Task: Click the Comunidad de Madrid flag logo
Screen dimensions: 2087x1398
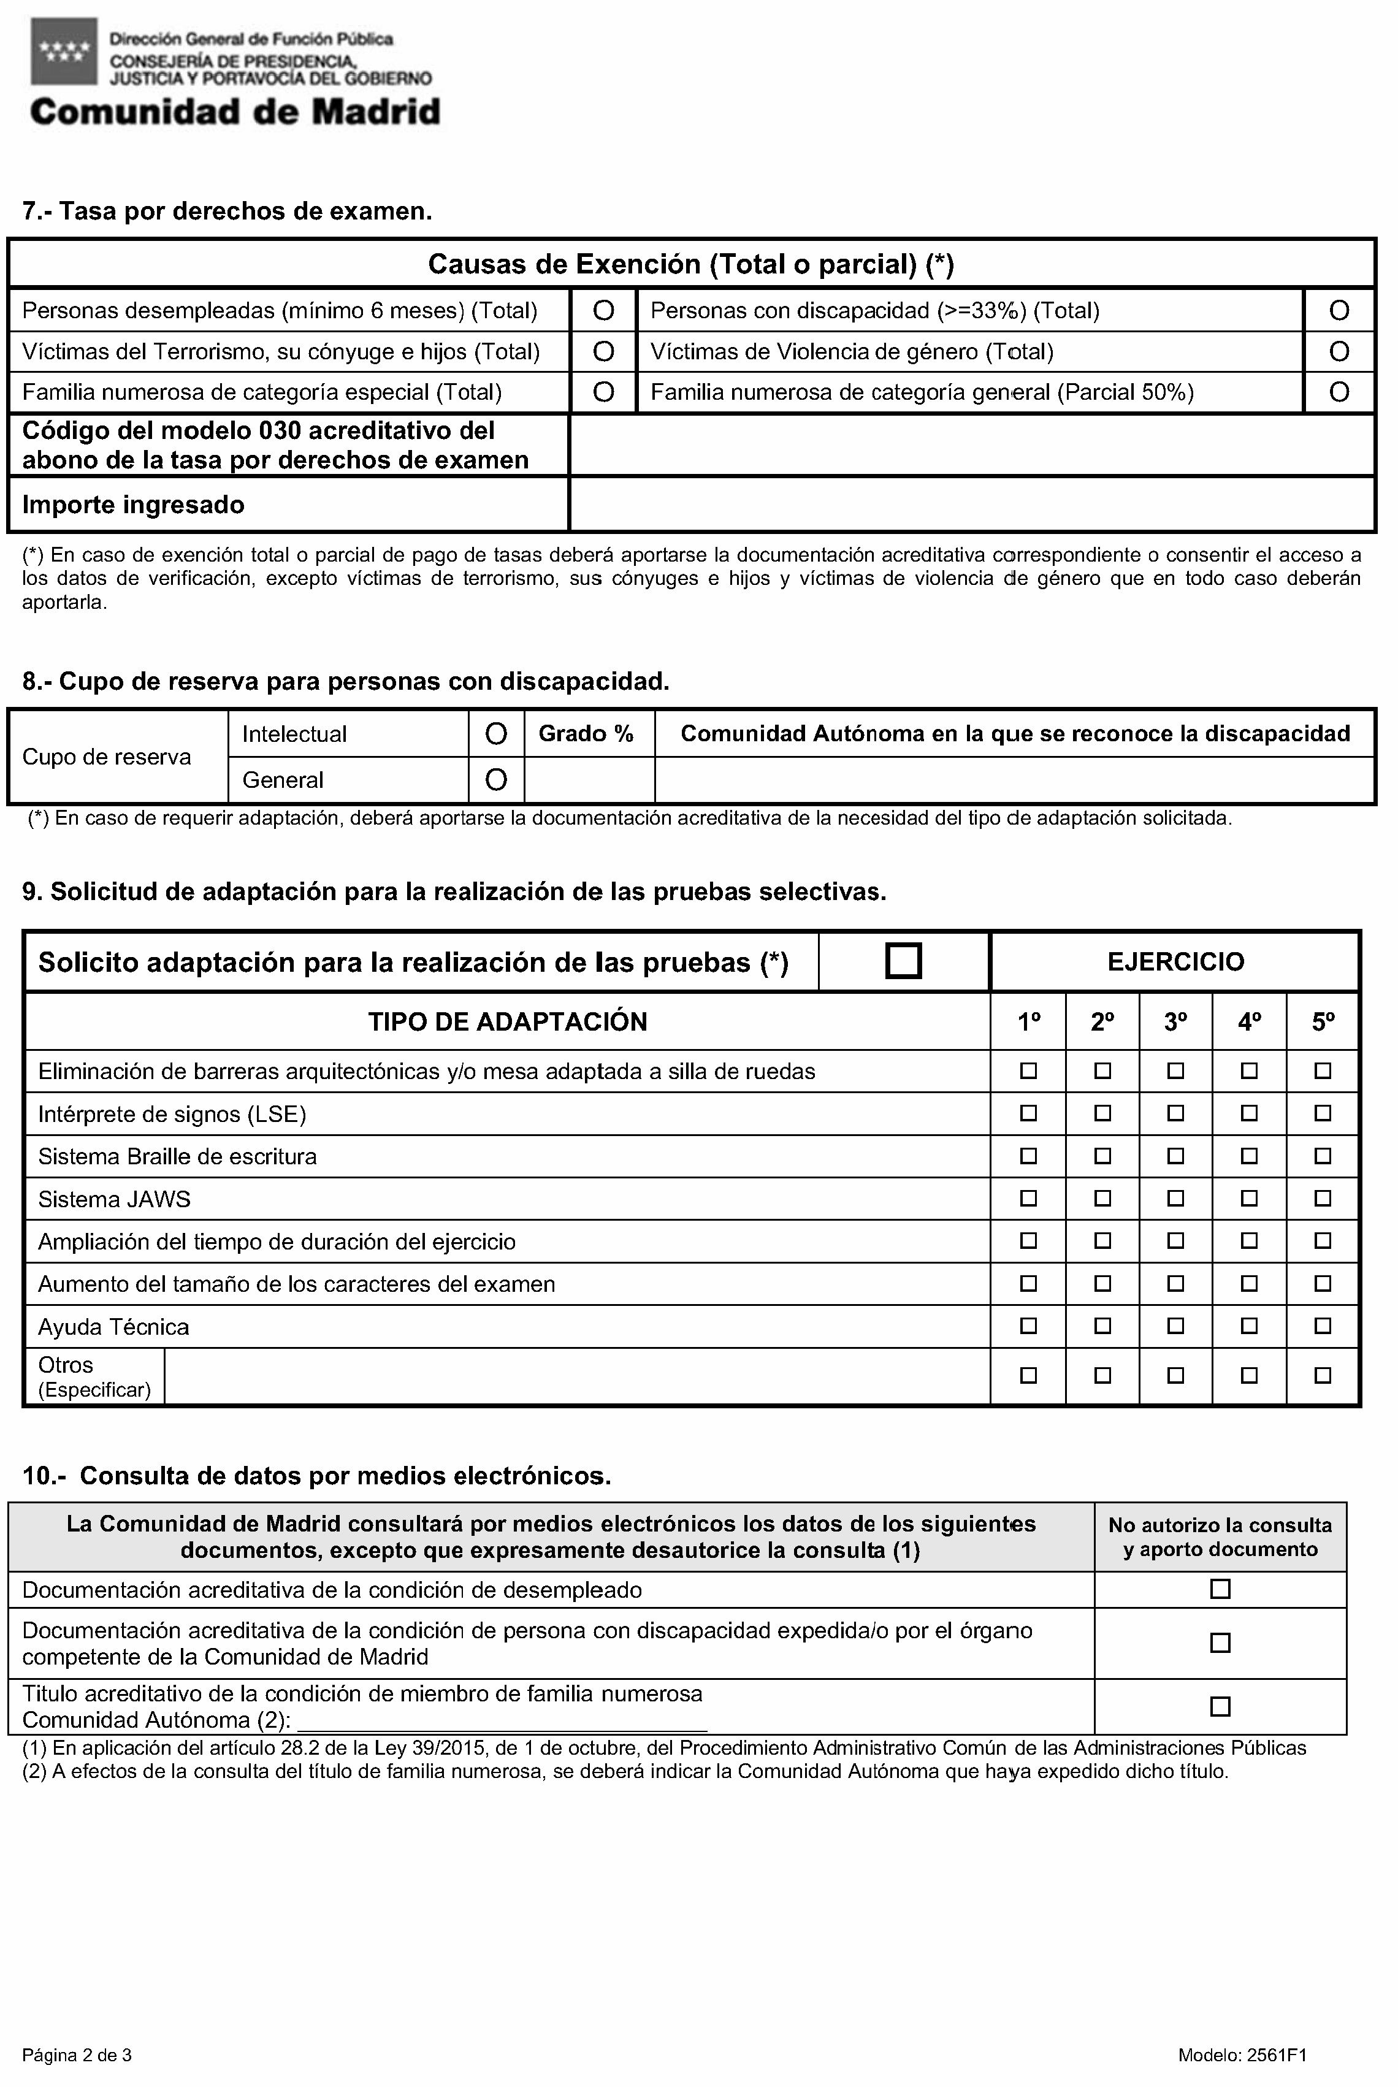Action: [x=61, y=52]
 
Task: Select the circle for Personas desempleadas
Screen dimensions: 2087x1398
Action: [x=603, y=310]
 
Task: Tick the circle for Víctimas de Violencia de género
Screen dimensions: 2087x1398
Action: [x=1339, y=351]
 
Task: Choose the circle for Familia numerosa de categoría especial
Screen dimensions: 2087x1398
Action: [x=603, y=392]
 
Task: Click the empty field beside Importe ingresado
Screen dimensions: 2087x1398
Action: [x=972, y=505]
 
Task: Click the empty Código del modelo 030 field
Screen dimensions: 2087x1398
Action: [x=972, y=445]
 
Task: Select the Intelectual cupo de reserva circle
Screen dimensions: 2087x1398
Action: [x=495, y=734]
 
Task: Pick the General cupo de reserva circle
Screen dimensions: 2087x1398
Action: [x=495, y=780]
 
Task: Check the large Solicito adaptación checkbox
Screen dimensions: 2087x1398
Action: [x=903, y=961]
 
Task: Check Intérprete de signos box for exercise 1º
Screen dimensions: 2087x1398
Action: [x=1029, y=1113]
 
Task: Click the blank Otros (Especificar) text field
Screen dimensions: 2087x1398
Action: [x=577, y=1376]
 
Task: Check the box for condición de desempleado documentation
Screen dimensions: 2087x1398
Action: [x=1220, y=1589]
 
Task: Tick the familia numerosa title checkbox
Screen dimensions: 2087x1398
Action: [x=1220, y=1706]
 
